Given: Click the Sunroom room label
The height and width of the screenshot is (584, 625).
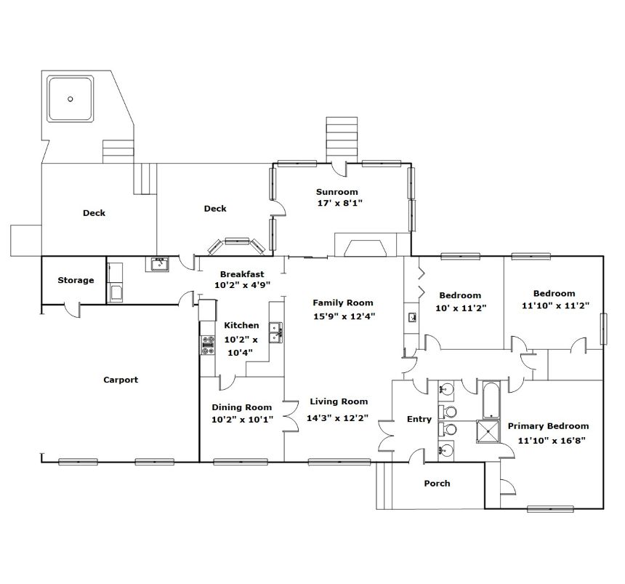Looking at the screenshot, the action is [336, 192].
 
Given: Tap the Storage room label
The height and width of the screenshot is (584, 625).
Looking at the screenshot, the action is [76, 280].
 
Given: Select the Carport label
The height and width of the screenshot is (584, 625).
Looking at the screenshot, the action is [121, 380].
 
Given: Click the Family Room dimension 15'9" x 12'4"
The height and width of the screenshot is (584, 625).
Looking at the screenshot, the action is [344, 317].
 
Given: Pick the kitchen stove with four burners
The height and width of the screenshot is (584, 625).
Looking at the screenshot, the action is [207, 345].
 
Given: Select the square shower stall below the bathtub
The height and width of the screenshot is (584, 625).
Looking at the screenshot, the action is [488, 431].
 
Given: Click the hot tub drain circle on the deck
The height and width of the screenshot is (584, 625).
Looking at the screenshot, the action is [70, 99].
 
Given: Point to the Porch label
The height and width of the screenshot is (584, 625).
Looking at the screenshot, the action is [437, 484].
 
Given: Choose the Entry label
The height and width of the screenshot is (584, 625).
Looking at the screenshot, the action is [419, 419].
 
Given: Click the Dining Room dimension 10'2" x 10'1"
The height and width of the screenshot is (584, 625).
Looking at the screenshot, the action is [242, 420].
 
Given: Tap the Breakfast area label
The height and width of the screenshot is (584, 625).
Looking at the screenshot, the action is [242, 274].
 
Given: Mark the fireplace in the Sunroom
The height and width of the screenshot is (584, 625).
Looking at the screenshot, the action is [366, 245].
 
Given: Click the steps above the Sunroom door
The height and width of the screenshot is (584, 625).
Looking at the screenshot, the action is [342, 140].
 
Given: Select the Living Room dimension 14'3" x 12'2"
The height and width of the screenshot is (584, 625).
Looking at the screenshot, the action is [337, 418].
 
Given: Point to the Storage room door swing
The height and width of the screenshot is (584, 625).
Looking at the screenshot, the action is [72, 311].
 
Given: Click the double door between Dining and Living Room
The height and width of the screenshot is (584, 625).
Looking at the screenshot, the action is [291, 416].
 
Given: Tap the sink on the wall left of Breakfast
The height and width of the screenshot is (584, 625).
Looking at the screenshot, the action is [160, 264].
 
